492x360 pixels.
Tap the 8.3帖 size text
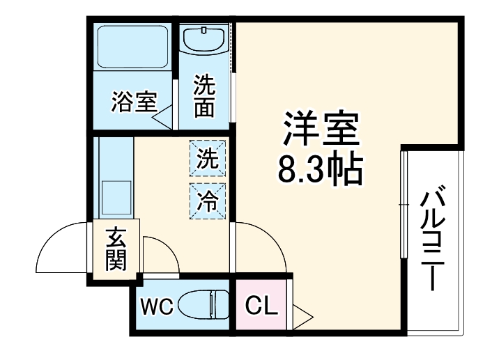click(x=321, y=169)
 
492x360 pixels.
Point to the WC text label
click(x=157, y=305)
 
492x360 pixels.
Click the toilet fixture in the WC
click(x=203, y=304)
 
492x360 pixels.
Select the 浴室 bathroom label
click(x=132, y=103)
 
